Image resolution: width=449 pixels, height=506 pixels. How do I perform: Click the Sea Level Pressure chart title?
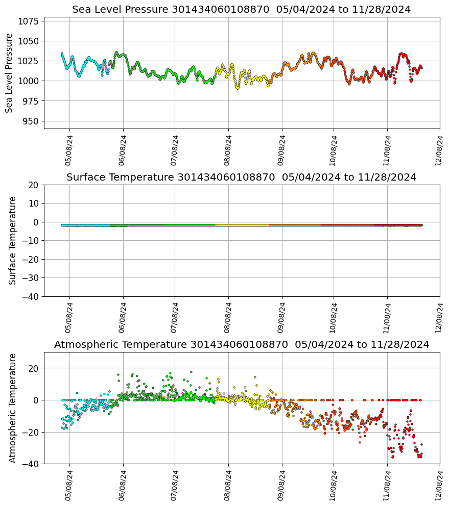click(241, 10)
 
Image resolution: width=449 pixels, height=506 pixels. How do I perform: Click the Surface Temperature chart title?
click(241, 178)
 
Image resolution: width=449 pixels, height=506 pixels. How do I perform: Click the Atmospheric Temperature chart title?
click(241, 345)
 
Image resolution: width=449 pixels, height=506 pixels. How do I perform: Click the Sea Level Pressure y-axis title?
click(9, 73)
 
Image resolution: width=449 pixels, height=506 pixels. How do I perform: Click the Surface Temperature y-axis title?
click(13, 240)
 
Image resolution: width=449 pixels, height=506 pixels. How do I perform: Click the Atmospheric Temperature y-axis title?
click(13, 408)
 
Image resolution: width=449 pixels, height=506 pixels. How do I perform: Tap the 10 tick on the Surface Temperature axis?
click(34, 204)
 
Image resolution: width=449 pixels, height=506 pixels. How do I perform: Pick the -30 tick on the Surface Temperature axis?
click(30, 278)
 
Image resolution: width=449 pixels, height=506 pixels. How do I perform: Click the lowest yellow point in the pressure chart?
click(237, 88)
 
